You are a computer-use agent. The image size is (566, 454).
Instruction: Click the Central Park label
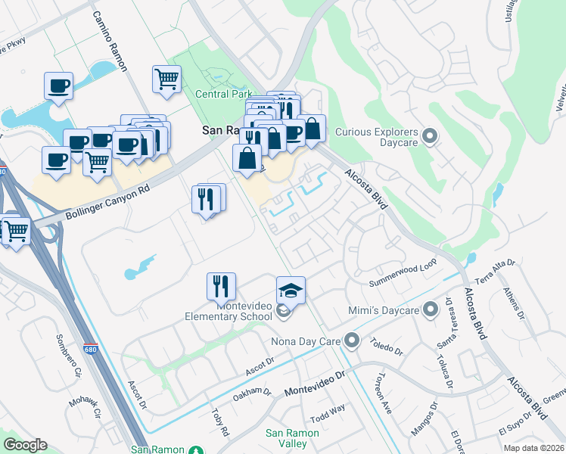pos(223,95)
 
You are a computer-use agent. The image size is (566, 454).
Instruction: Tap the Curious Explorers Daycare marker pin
pos(431,136)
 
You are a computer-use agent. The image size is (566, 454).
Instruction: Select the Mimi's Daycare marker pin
pos(431,309)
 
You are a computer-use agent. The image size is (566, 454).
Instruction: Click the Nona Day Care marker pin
pos(350,340)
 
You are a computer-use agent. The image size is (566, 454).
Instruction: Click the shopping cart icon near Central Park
pos(166,78)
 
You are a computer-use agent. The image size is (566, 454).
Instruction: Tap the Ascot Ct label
pos(259,365)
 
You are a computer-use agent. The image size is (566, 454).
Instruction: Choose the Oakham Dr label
pos(251,393)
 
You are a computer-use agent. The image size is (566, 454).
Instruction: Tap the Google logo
pos(25,445)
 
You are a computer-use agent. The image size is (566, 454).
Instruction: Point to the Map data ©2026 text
pos(533,448)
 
